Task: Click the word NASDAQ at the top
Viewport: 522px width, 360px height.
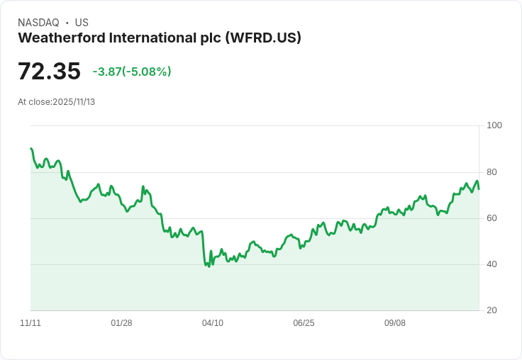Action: (x=38, y=23)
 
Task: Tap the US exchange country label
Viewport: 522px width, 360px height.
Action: (x=82, y=23)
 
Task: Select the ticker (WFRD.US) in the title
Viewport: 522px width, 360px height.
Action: (x=262, y=38)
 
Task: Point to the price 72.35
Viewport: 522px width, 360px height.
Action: (x=49, y=72)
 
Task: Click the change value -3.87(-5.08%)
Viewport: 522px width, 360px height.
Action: (x=132, y=72)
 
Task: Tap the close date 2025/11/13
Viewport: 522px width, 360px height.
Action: (x=74, y=102)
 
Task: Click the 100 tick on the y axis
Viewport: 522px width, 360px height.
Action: (x=494, y=125)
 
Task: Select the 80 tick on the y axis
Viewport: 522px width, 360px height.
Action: (x=492, y=172)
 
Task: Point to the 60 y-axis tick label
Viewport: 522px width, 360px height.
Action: (x=492, y=218)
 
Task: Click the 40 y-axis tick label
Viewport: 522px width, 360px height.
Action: (x=492, y=264)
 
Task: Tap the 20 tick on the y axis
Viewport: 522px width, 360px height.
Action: (x=492, y=310)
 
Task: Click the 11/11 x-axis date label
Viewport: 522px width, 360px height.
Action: (x=30, y=323)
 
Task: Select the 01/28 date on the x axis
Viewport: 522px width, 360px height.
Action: (x=121, y=323)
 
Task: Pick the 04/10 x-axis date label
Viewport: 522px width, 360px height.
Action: (x=213, y=323)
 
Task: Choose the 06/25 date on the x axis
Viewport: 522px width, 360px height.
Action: (x=304, y=323)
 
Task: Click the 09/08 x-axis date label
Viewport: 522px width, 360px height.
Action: (x=395, y=323)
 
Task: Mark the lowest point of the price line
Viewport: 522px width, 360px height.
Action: (x=209, y=266)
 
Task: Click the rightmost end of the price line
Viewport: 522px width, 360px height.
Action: (x=479, y=189)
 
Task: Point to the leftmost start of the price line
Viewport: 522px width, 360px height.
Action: (x=31, y=149)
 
